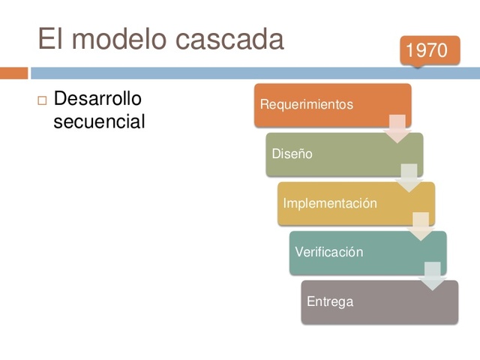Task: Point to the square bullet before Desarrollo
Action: pyautogui.click(x=42, y=100)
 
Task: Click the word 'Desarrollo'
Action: pyautogui.click(x=97, y=99)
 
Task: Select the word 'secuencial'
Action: pyautogui.click(x=99, y=121)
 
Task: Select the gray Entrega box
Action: pyautogui.click(x=379, y=302)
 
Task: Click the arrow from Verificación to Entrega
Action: pyautogui.click(x=433, y=276)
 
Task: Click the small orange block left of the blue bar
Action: pyautogui.click(x=13, y=73)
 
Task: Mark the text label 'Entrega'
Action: pyautogui.click(x=329, y=302)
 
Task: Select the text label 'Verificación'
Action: pyautogui.click(x=328, y=253)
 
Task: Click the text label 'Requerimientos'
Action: pyautogui.click(x=306, y=105)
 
